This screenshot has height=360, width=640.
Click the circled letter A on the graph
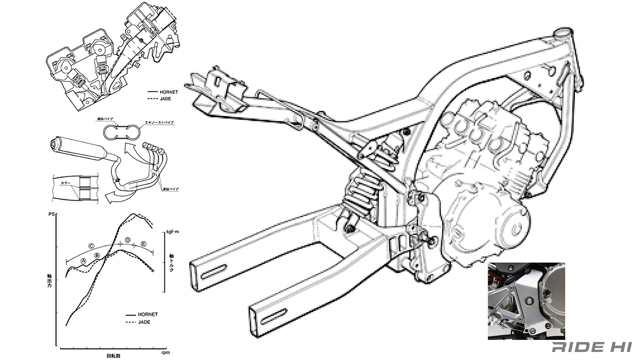click(x=84, y=260)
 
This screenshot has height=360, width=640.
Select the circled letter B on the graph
click(x=97, y=256)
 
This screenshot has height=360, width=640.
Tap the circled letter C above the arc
click(x=91, y=246)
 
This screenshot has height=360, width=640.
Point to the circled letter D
click(x=128, y=240)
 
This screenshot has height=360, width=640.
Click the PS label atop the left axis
click(x=51, y=214)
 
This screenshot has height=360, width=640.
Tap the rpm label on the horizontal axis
click(x=165, y=352)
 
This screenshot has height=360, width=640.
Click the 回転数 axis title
click(x=113, y=355)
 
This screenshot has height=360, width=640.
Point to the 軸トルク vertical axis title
click(x=171, y=262)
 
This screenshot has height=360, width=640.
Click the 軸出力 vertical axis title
click(x=49, y=286)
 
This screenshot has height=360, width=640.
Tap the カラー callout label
click(x=66, y=183)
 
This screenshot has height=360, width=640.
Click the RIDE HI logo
click(x=592, y=347)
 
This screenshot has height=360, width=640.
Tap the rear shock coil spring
click(x=362, y=192)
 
